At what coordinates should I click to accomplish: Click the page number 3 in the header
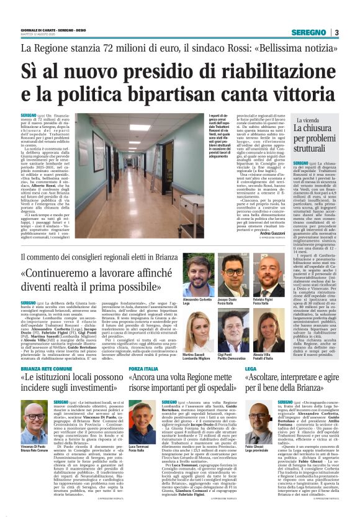point(336,33)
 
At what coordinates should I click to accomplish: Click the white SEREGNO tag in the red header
point(310,33)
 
